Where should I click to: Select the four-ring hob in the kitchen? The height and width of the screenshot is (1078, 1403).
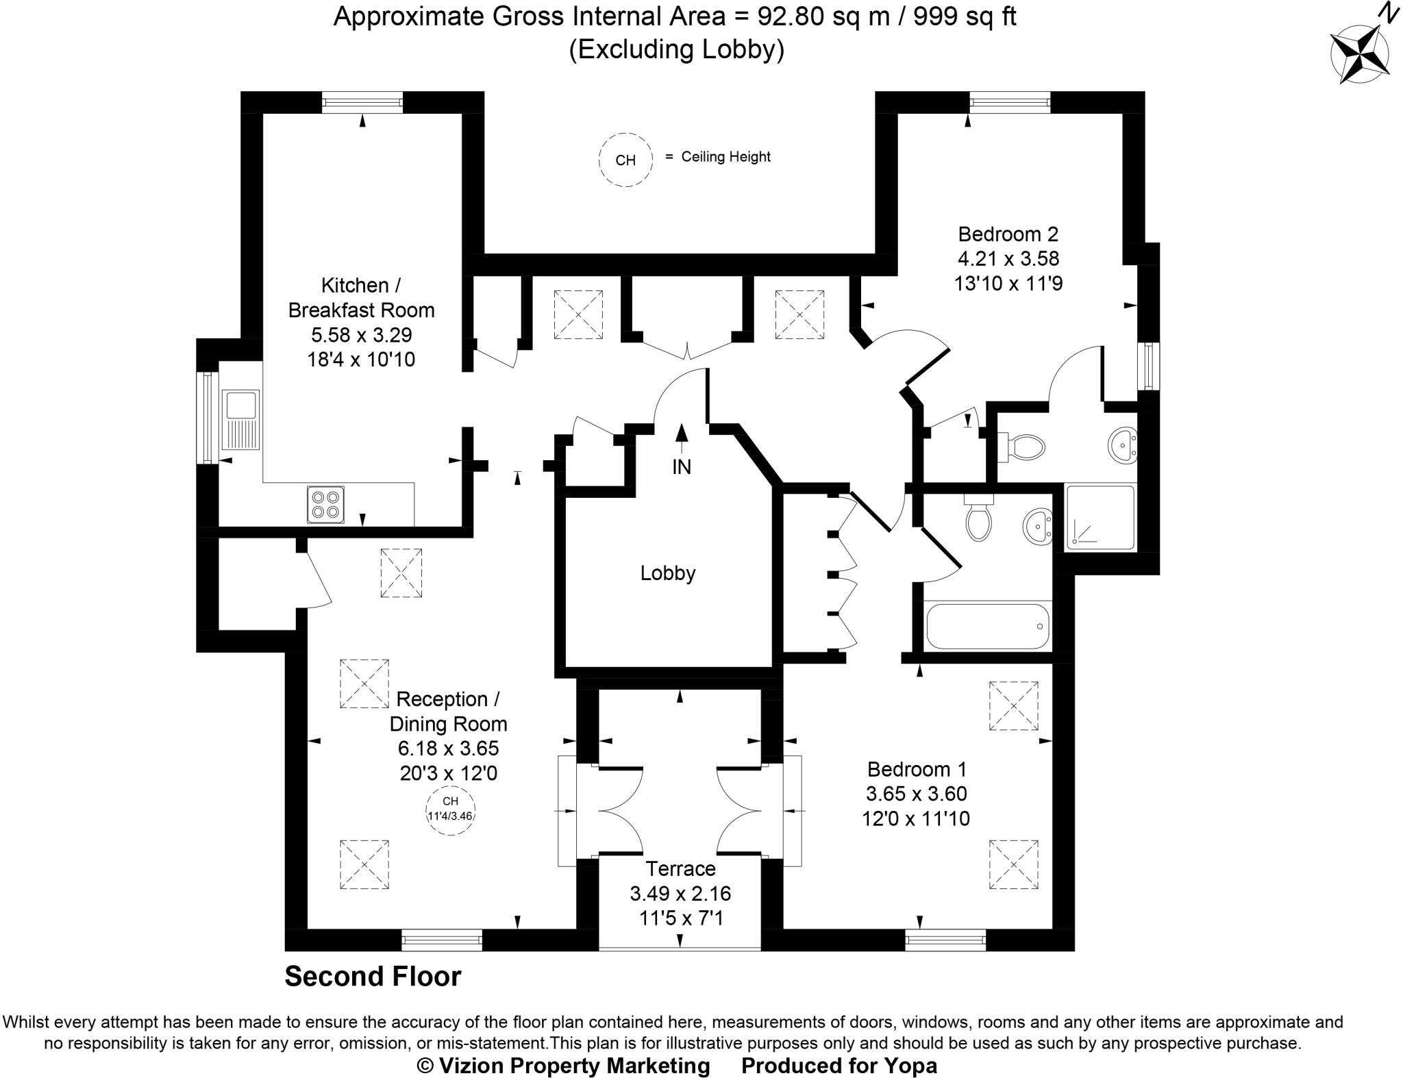pos(325,505)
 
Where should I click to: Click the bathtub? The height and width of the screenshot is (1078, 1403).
pos(987,625)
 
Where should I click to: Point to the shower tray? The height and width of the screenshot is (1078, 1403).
pos(1100,517)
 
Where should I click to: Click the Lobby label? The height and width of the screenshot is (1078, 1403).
pos(667,573)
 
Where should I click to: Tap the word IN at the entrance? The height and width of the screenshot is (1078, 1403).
pos(681,466)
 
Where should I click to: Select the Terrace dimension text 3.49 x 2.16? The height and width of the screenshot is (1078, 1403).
pos(680,893)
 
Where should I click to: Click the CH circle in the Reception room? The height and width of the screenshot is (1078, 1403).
pos(450,810)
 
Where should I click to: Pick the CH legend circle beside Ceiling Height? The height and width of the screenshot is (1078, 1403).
pos(625,160)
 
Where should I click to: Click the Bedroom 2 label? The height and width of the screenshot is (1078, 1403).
pos(1008,234)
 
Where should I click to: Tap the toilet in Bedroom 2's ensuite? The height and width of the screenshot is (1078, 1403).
pos(1023,447)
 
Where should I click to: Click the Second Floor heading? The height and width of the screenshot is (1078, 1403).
pos(373,976)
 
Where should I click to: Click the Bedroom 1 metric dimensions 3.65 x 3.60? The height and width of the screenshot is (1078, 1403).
pos(916,793)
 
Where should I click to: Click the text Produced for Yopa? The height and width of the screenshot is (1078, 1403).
pos(839,1066)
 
